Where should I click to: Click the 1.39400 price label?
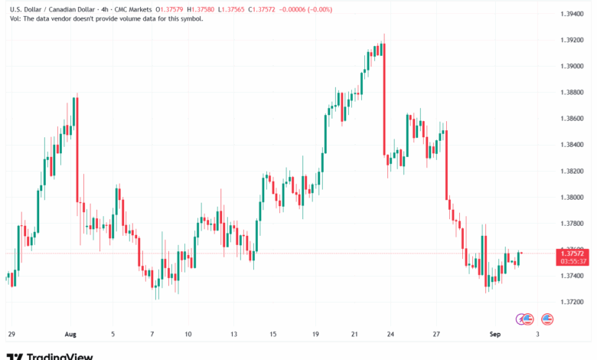(573, 15)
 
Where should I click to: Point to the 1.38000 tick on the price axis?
(573, 197)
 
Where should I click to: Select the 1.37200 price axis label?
(573, 302)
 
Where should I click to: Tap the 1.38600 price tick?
(573, 119)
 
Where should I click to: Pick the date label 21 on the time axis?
(355, 334)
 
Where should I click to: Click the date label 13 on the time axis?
(235, 334)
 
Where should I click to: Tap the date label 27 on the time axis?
(436, 334)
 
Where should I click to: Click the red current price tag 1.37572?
(573, 252)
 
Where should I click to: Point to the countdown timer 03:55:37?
(573, 260)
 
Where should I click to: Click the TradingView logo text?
(60, 355)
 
